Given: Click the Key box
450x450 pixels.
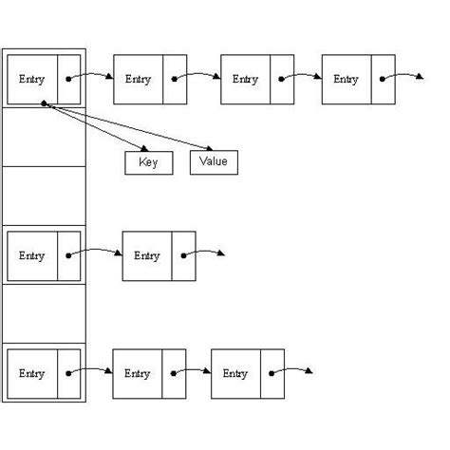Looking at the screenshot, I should pyautogui.click(x=148, y=162).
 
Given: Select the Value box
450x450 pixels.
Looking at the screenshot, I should pyautogui.click(x=214, y=162).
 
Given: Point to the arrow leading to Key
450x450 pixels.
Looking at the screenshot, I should pyautogui.click(x=95, y=128).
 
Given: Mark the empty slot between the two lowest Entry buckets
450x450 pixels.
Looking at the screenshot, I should pyautogui.click(x=44, y=314).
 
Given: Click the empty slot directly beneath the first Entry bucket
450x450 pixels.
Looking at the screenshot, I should pyautogui.click(x=44, y=138).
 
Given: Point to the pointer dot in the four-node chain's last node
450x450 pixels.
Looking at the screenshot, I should pyautogui.click(x=384, y=80).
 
